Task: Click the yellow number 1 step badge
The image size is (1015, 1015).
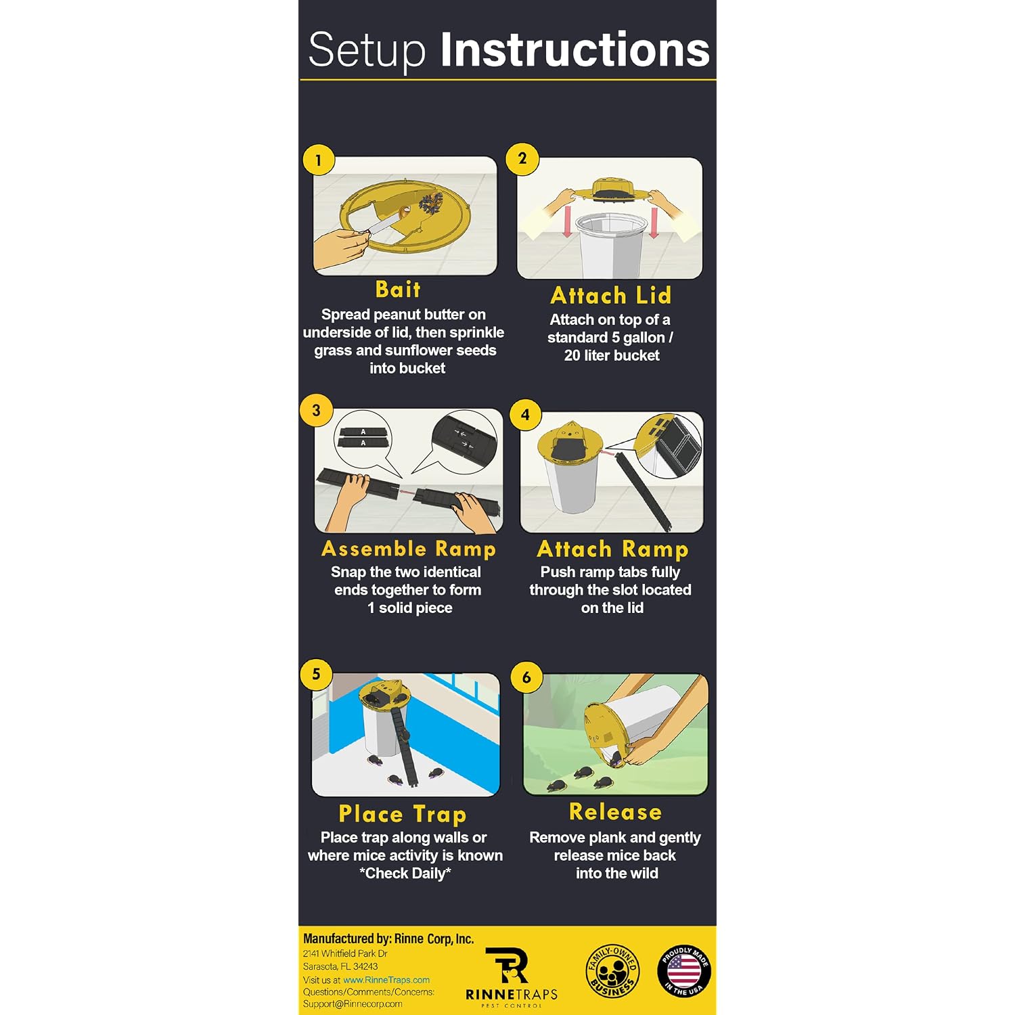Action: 318,160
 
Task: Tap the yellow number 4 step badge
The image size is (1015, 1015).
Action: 525,414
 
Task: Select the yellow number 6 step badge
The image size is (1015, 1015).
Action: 526,677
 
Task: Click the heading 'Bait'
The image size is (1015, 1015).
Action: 398,290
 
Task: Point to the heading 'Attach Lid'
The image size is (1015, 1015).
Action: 611,296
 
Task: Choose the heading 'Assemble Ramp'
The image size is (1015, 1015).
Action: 409,549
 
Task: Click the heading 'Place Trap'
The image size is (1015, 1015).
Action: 403,814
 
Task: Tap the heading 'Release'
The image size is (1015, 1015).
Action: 616,811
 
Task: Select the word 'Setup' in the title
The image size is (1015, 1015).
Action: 367,51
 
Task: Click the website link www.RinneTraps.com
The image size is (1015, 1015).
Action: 386,980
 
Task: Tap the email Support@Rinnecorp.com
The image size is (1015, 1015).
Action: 353,1004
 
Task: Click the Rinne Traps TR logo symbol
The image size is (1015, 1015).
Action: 507,965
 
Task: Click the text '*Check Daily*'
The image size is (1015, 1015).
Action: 405,874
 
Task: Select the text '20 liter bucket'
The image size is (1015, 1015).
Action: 612,355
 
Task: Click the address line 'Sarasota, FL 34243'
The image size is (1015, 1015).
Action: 340,966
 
